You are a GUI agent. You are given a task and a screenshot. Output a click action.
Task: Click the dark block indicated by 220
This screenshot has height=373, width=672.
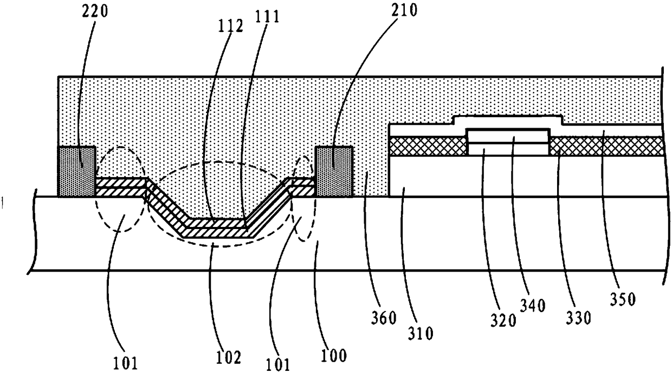pyautogui.click(x=77, y=171)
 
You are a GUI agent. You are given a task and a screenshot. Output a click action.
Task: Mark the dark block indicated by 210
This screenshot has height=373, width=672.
pyautogui.click(x=334, y=171)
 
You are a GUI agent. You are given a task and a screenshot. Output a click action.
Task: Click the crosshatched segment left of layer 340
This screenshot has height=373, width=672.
pyautogui.click(x=428, y=146)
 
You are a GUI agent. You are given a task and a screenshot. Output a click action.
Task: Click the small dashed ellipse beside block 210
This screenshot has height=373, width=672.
pyautogui.click(x=303, y=198)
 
